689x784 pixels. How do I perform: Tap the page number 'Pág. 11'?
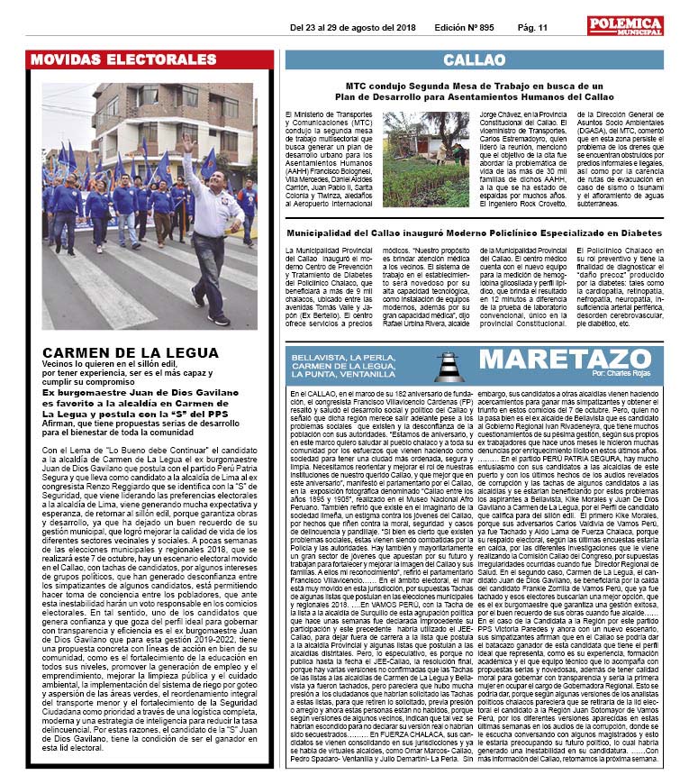coord(532,27)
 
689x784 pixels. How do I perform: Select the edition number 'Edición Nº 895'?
coord(464,27)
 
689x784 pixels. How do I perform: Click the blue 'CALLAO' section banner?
coord(474,60)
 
